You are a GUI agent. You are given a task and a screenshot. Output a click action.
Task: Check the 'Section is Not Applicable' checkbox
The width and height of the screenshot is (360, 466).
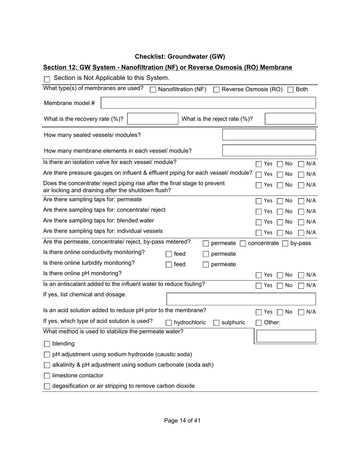pos(47,79)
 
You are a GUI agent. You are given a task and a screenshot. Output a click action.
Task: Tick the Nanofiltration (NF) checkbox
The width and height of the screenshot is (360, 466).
pos(153,90)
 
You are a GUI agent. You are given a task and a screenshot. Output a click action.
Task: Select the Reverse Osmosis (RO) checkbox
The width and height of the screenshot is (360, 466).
pos(216,90)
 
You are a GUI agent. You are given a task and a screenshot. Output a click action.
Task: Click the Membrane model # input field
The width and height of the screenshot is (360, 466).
pos(208,103)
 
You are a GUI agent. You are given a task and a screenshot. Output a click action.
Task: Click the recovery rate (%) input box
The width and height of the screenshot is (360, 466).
pos(153,119)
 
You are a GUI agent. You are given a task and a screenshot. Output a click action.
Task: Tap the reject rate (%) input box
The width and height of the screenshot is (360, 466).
pos(290,119)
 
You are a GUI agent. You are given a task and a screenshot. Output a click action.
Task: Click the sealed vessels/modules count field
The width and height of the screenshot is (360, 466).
pos(269,135)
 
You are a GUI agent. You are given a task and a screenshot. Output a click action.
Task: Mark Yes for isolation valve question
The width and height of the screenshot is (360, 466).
pos(259,164)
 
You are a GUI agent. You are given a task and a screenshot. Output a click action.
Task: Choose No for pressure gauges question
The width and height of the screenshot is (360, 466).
pos(280,175)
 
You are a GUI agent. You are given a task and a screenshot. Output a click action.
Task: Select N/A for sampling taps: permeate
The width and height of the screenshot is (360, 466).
pos(301,201)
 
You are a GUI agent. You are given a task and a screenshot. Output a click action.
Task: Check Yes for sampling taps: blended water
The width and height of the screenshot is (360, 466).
pos(259,222)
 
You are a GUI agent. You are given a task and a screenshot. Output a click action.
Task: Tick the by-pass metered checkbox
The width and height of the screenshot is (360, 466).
pos(285,244)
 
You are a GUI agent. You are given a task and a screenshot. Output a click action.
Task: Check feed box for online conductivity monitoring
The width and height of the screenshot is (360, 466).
pos(169,254)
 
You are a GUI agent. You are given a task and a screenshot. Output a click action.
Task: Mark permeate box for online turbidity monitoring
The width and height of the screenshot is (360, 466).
pos(206,265)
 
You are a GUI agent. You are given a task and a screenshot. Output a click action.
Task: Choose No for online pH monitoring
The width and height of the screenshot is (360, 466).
pos(280,275)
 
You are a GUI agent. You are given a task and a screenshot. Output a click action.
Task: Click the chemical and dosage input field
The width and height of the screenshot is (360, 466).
pos(241,299)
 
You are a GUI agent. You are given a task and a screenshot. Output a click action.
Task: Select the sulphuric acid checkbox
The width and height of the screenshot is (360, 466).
pos(216,323)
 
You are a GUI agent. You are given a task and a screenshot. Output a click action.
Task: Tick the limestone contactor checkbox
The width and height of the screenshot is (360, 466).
pos(47,376)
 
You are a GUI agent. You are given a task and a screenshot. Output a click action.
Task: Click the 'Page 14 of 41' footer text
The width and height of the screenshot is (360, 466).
pos(182,421)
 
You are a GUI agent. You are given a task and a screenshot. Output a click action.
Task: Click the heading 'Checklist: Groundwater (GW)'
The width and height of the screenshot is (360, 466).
pos(180,57)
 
